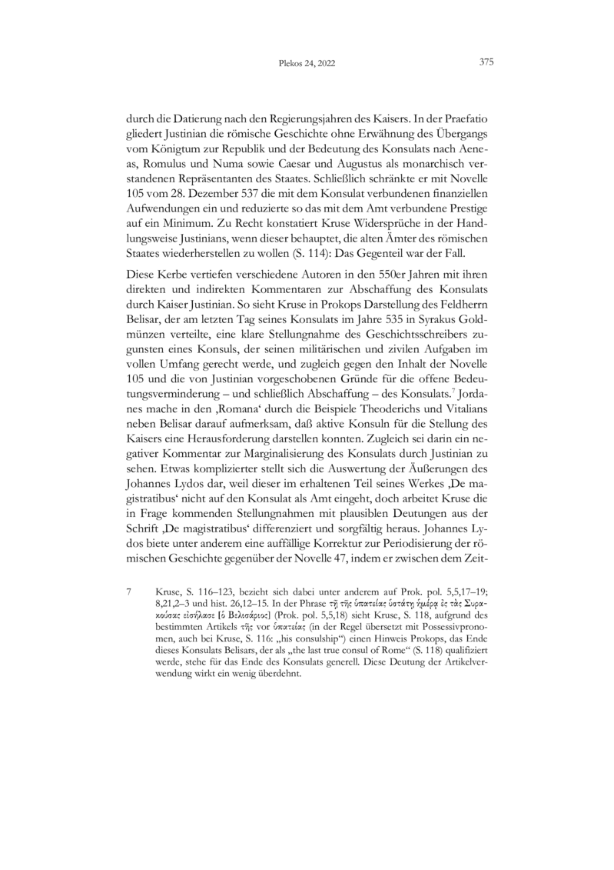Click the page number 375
(485, 63)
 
